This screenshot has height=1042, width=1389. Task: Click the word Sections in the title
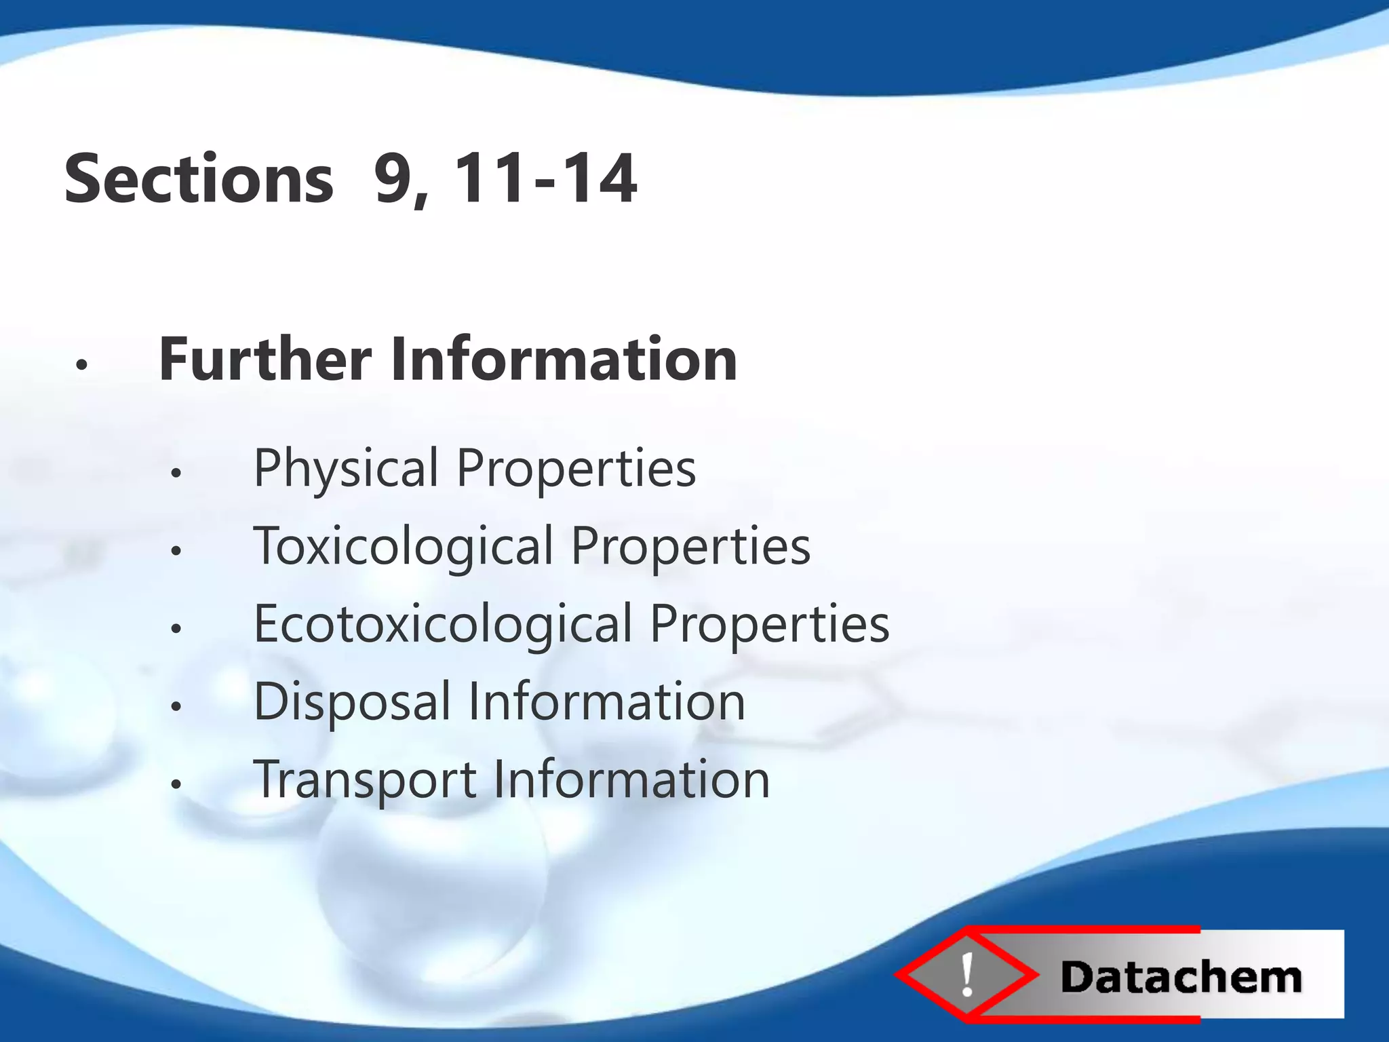(x=199, y=178)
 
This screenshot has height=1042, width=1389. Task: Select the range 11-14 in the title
(x=545, y=178)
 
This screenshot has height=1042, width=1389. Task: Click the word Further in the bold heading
(x=265, y=359)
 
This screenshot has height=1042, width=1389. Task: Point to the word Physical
(x=346, y=469)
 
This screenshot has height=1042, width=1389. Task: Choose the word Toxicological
(x=404, y=547)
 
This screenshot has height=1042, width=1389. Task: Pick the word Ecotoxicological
(x=443, y=625)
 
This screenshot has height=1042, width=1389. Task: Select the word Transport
(x=365, y=780)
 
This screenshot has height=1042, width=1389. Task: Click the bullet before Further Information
(x=82, y=365)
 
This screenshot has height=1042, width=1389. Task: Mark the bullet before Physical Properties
(x=176, y=474)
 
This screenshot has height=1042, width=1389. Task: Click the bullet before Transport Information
(x=176, y=785)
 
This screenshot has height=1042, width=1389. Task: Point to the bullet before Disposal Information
(x=176, y=707)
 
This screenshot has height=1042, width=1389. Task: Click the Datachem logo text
(x=1181, y=978)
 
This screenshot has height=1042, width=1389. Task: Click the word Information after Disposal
(x=607, y=702)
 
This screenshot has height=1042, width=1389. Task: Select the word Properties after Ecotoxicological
(x=770, y=625)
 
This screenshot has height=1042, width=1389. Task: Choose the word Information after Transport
(x=631, y=780)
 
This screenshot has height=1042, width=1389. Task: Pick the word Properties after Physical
(x=576, y=469)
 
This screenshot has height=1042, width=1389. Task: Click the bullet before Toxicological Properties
(x=176, y=552)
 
